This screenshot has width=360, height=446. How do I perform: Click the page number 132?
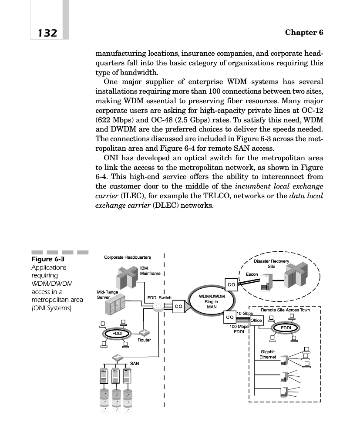click(44, 33)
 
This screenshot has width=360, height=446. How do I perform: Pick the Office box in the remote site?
click(256, 321)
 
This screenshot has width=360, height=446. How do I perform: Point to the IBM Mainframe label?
click(150, 271)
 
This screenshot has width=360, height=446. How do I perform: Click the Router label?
click(144, 340)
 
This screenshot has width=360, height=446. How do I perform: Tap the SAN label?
click(135, 362)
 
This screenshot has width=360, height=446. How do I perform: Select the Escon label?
click(252, 274)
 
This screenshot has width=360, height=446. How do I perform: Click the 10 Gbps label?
click(245, 314)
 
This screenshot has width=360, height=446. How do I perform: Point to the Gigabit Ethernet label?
click(268, 354)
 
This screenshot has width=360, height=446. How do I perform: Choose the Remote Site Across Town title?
click(285, 310)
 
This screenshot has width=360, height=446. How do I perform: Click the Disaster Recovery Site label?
click(271, 264)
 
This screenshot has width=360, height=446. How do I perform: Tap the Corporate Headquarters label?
click(128, 257)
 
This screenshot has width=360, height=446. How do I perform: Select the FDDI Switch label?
click(160, 298)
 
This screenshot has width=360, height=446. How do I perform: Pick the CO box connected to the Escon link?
click(231, 284)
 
